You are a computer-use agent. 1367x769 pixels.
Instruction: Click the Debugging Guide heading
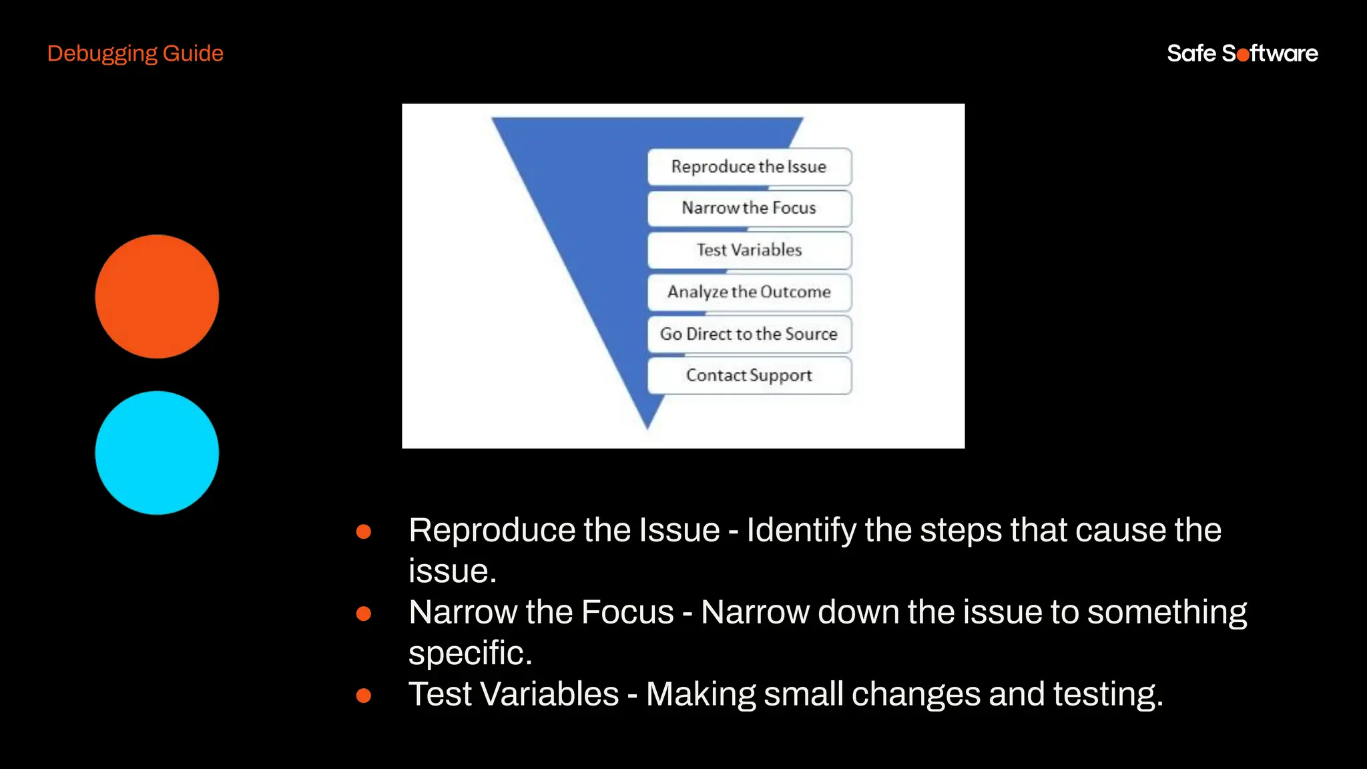(x=135, y=53)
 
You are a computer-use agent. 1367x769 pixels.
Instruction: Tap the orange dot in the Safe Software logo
(x=1243, y=55)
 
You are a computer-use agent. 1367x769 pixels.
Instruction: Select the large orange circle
(x=157, y=296)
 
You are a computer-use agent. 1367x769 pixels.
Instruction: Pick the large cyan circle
(x=157, y=453)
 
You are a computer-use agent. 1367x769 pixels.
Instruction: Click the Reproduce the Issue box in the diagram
(x=749, y=167)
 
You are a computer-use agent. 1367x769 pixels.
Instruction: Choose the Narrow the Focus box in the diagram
(x=749, y=208)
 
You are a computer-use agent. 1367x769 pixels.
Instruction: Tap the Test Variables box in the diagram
(x=749, y=250)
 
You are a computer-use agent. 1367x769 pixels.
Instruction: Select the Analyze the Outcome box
(x=749, y=292)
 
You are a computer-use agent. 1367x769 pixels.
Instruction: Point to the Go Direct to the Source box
(x=749, y=334)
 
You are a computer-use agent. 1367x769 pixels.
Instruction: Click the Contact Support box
(x=749, y=376)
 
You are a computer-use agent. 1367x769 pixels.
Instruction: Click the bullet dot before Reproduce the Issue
(x=364, y=531)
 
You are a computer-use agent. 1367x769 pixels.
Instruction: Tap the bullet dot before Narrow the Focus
(x=364, y=613)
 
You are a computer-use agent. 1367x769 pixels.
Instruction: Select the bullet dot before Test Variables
(x=364, y=696)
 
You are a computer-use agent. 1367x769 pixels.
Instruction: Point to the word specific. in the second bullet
(x=470, y=653)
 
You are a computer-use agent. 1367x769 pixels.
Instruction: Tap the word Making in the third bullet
(x=700, y=694)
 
